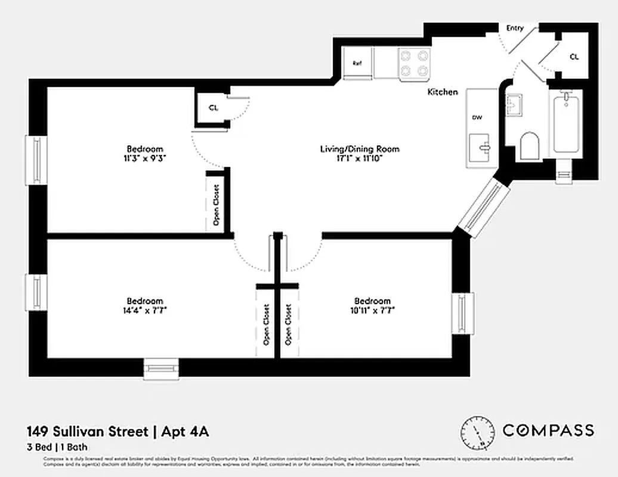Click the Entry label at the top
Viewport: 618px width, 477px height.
(x=515, y=28)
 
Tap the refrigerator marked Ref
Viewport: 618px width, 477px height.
(x=357, y=63)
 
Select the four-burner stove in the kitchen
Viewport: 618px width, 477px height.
(x=415, y=63)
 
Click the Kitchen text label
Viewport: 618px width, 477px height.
(x=443, y=92)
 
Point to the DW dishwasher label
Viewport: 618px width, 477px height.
(x=477, y=117)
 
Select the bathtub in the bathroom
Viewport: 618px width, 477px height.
(x=566, y=123)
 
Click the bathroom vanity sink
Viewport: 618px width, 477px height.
(x=514, y=106)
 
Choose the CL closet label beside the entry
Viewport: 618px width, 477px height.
(x=574, y=57)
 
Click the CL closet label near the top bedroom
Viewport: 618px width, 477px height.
(x=213, y=108)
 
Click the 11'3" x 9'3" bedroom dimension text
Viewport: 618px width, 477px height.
(x=144, y=159)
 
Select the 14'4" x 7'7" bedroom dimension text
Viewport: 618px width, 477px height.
(x=144, y=310)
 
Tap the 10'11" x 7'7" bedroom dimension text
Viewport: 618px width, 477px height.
(x=372, y=310)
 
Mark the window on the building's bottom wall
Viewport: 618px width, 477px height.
(x=161, y=368)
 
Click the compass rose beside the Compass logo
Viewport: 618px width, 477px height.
(x=477, y=432)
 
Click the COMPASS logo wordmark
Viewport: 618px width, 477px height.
(x=548, y=430)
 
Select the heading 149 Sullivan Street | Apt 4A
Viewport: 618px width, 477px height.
(x=118, y=431)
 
